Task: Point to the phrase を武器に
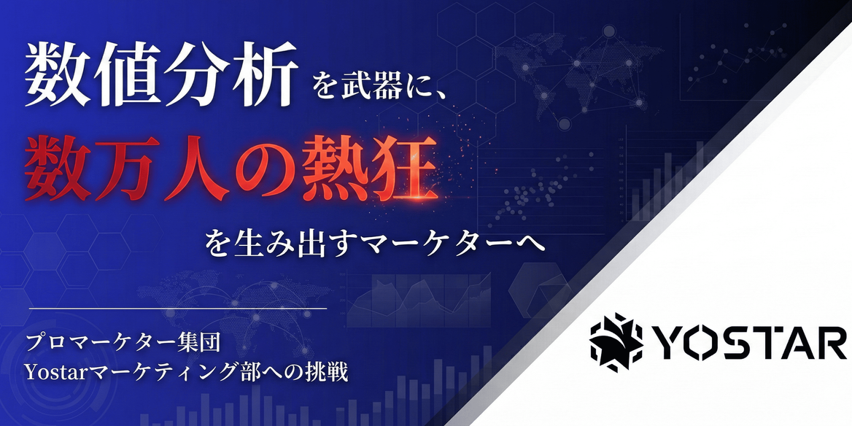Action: point(372,87)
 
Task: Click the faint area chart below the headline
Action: point(419,300)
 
